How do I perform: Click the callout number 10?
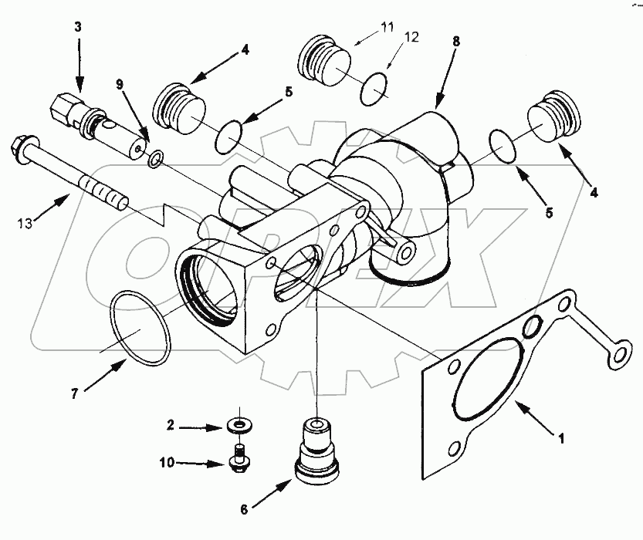pyautogui.click(x=168, y=463)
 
